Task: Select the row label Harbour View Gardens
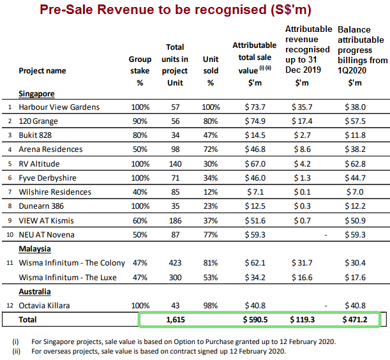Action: [x=59, y=107]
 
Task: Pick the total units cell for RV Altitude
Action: [x=175, y=163]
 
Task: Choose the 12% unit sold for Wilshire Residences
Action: [x=211, y=191]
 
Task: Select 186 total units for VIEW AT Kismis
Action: [x=175, y=220]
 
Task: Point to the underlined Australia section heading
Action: [x=34, y=291]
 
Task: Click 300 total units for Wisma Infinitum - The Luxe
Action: [x=175, y=277]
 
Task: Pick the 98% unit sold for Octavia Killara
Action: [x=211, y=305]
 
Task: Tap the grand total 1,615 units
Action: [x=175, y=320]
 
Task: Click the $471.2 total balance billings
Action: [x=354, y=320]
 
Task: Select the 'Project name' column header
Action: [x=42, y=71]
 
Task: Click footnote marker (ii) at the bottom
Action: [x=16, y=350]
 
